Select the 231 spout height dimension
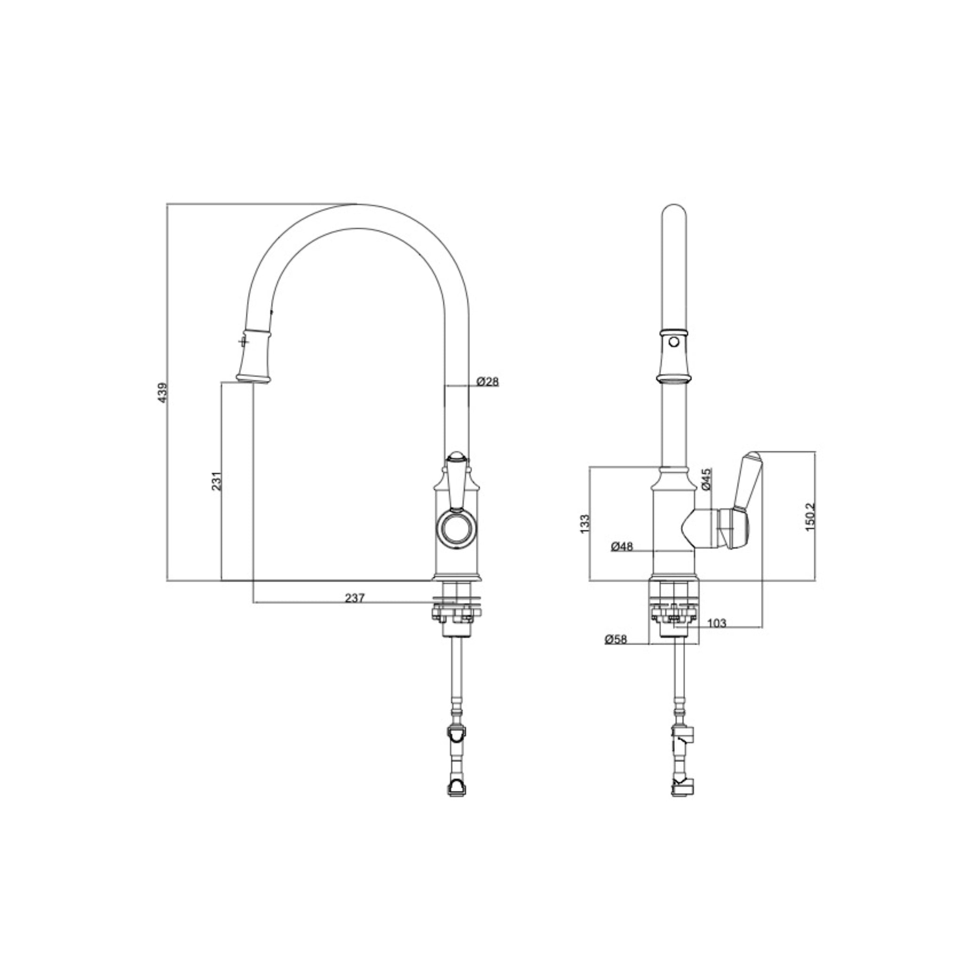[x=217, y=481]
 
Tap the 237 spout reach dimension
[x=355, y=598]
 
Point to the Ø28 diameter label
[x=488, y=382]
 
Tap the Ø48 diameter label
[x=622, y=547]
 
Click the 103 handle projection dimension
[x=716, y=623]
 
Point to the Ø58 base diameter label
[x=616, y=639]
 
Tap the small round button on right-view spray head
[x=674, y=342]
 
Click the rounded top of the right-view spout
[x=673, y=212]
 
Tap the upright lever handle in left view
[x=457, y=481]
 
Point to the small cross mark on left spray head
[x=243, y=342]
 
